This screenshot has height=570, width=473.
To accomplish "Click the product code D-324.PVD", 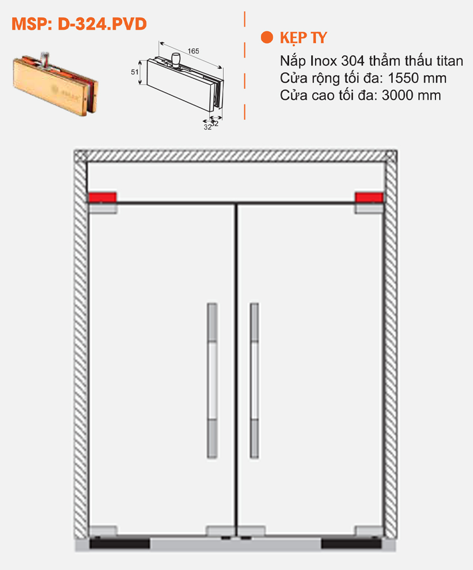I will (102, 24).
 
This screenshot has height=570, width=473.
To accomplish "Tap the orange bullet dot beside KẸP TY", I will (267, 37).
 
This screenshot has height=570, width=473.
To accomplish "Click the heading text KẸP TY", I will (303, 38).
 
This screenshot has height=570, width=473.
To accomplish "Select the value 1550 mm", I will (417, 78).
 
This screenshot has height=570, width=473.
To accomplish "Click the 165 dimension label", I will (193, 51).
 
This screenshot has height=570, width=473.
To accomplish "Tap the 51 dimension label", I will (134, 72).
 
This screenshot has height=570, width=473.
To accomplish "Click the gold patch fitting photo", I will (55, 82).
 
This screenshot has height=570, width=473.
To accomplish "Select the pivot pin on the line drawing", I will (175, 59).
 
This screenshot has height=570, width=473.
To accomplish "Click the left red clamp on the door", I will (102, 197).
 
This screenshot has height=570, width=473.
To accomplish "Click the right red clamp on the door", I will (369, 197).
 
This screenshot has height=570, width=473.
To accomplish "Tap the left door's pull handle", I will (212, 381).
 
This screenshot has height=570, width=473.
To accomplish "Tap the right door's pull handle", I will (254, 381).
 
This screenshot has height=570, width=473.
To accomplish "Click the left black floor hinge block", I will (119, 544).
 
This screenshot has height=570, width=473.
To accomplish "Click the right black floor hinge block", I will (351, 544).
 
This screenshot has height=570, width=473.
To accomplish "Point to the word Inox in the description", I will (324, 61).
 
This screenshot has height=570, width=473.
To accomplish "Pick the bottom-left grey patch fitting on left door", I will (102, 531).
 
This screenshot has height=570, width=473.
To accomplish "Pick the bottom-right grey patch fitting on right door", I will (369, 531).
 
